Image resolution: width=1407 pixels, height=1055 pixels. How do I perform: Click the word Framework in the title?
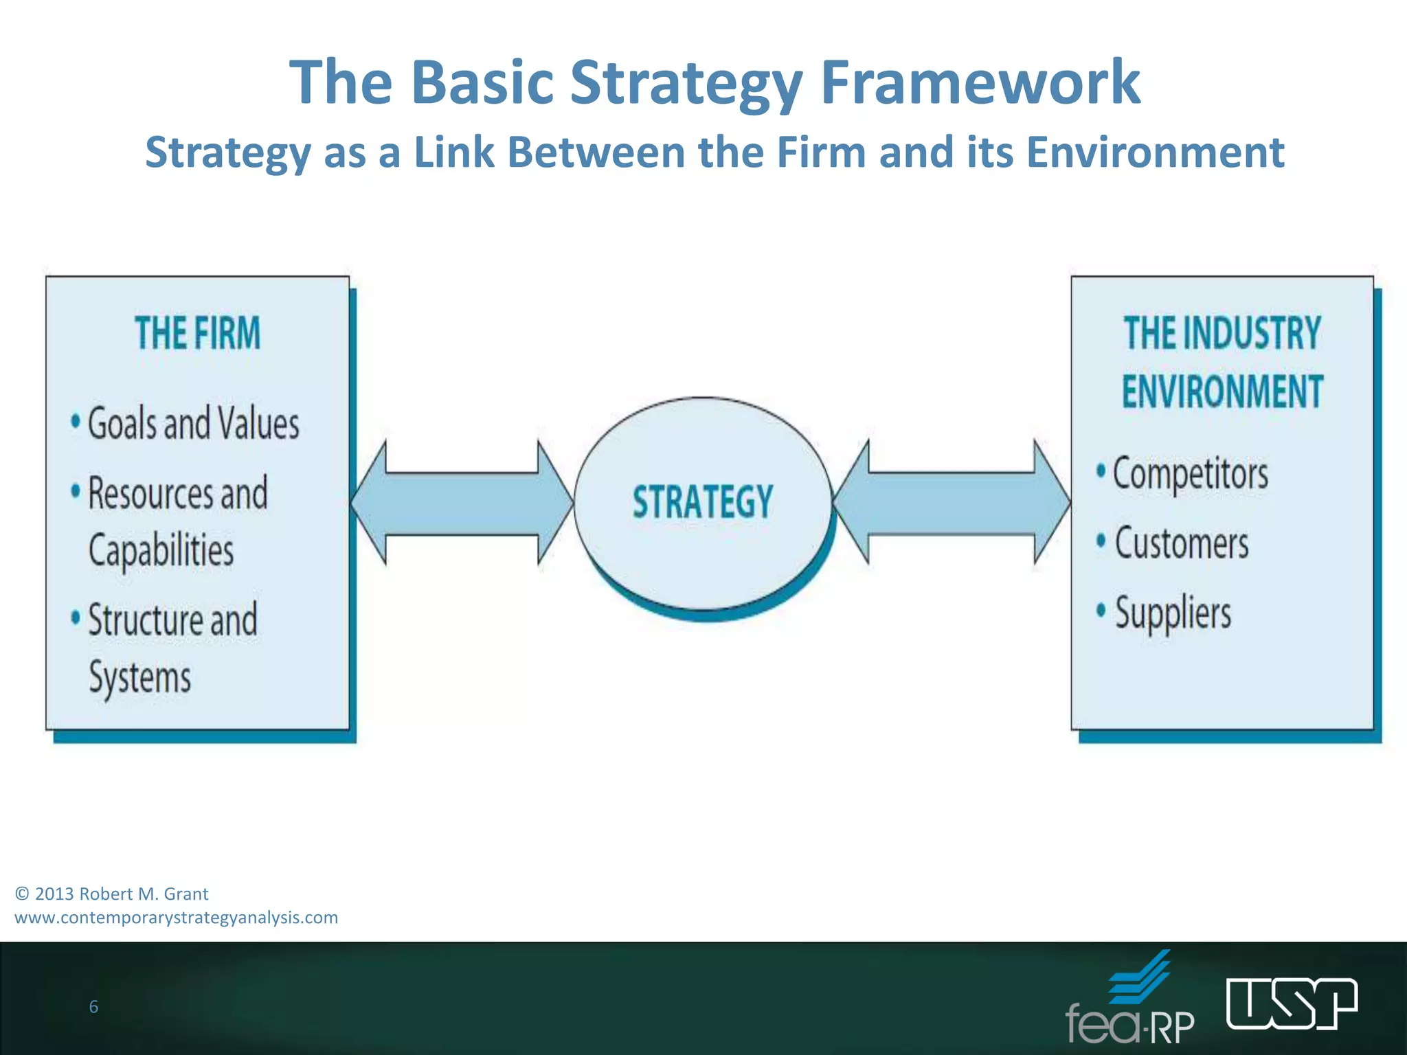click(x=980, y=82)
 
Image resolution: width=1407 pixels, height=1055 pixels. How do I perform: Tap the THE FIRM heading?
click(x=198, y=333)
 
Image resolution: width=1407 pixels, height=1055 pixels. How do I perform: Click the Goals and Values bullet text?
click(x=193, y=423)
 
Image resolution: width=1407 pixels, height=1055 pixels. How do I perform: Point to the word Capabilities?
click(x=161, y=550)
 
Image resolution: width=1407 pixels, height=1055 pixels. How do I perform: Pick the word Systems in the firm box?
click(x=140, y=678)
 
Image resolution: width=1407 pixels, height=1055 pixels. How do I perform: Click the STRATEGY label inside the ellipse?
click(x=703, y=501)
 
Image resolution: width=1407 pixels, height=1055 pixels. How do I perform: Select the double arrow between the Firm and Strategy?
click(x=462, y=503)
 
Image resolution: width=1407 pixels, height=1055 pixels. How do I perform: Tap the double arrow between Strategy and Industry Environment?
click(x=952, y=503)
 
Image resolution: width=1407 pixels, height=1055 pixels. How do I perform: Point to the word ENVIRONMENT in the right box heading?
click(x=1222, y=392)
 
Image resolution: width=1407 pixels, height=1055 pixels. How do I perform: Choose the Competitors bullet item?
click(x=1190, y=474)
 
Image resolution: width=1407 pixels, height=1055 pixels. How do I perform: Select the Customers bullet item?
click(x=1181, y=543)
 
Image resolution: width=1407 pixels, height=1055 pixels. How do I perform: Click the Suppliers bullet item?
click(x=1173, y=613)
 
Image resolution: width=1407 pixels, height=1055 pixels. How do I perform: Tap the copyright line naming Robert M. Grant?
click(x=112, y=894)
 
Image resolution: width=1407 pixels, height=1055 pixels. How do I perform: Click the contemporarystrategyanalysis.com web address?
click(x=177, y=918)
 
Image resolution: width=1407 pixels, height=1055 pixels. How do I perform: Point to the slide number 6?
click(x=93, y=1007)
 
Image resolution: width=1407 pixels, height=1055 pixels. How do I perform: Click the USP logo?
click(x=1292, y=1003)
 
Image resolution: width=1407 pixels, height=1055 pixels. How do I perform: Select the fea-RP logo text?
click(x=1130, y=1023)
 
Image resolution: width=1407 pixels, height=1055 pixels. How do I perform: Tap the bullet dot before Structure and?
click(x=76, y=616)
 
